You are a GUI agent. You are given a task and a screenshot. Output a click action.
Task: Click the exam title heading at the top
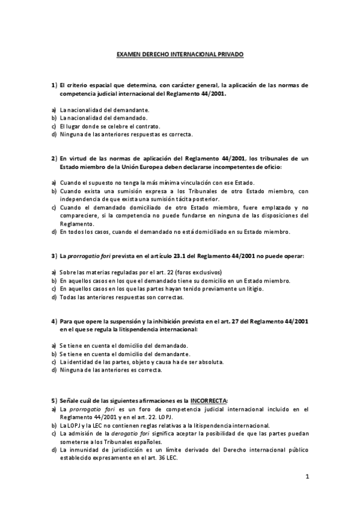click(180, 54)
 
